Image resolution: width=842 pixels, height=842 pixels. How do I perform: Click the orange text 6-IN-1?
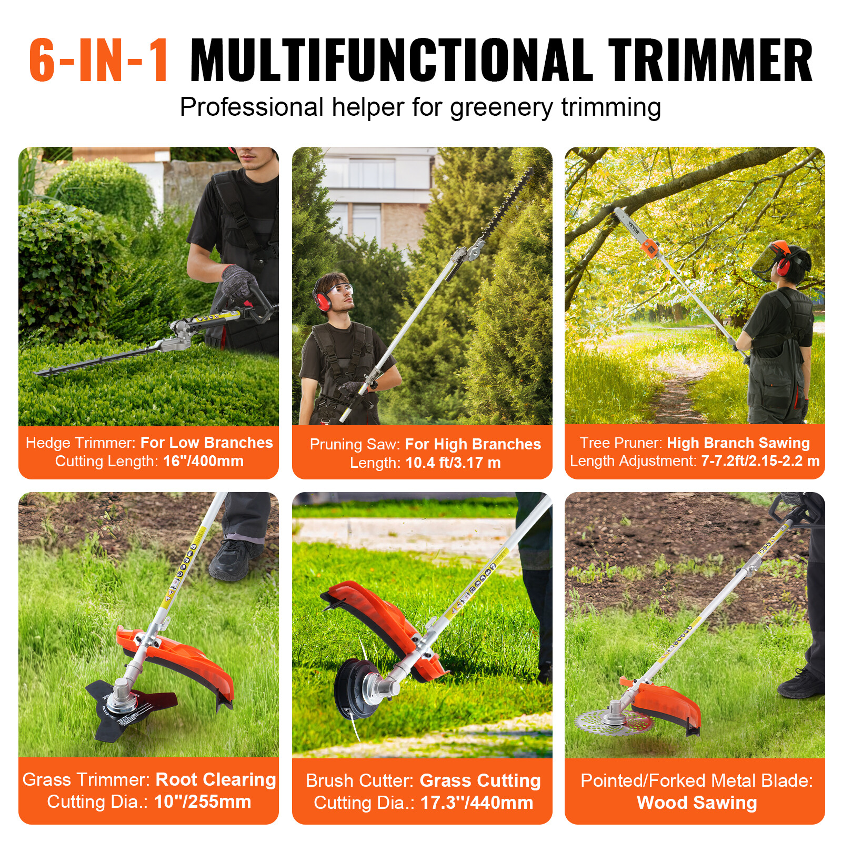99,61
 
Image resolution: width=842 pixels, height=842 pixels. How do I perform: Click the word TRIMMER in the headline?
710,61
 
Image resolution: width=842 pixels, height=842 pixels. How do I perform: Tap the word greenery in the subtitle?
501,107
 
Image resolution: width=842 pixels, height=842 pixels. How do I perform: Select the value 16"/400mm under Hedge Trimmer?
203,461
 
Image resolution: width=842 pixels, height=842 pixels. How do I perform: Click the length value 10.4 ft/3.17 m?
453,463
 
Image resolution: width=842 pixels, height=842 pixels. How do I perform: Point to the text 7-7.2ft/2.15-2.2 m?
760,461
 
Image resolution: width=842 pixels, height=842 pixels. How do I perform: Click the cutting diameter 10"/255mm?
202,801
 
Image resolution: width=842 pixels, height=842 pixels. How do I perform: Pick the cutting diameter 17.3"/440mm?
476,803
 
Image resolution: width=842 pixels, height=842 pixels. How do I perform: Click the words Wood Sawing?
696,803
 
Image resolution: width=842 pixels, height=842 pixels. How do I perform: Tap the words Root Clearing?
216,779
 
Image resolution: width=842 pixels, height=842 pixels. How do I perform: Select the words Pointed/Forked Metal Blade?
696,780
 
